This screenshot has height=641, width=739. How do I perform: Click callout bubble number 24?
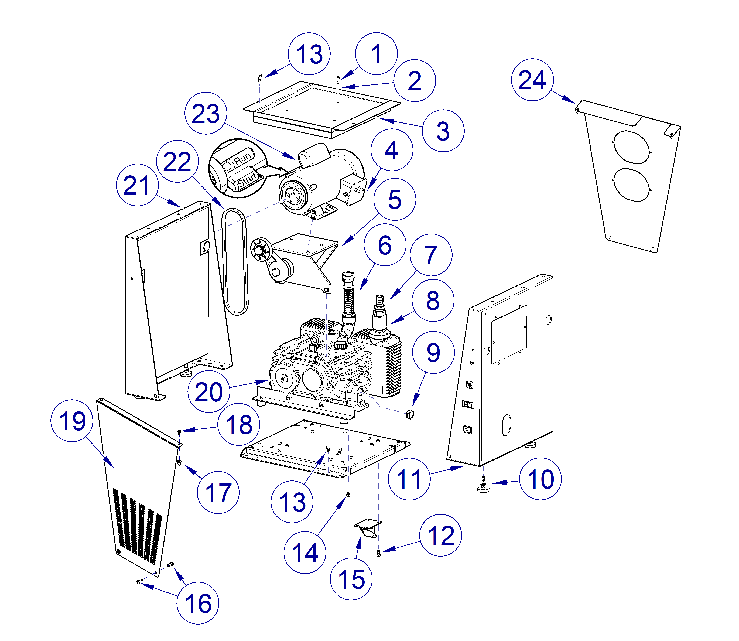(532, 80)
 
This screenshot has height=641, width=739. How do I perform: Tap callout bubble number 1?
(376, 54)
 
